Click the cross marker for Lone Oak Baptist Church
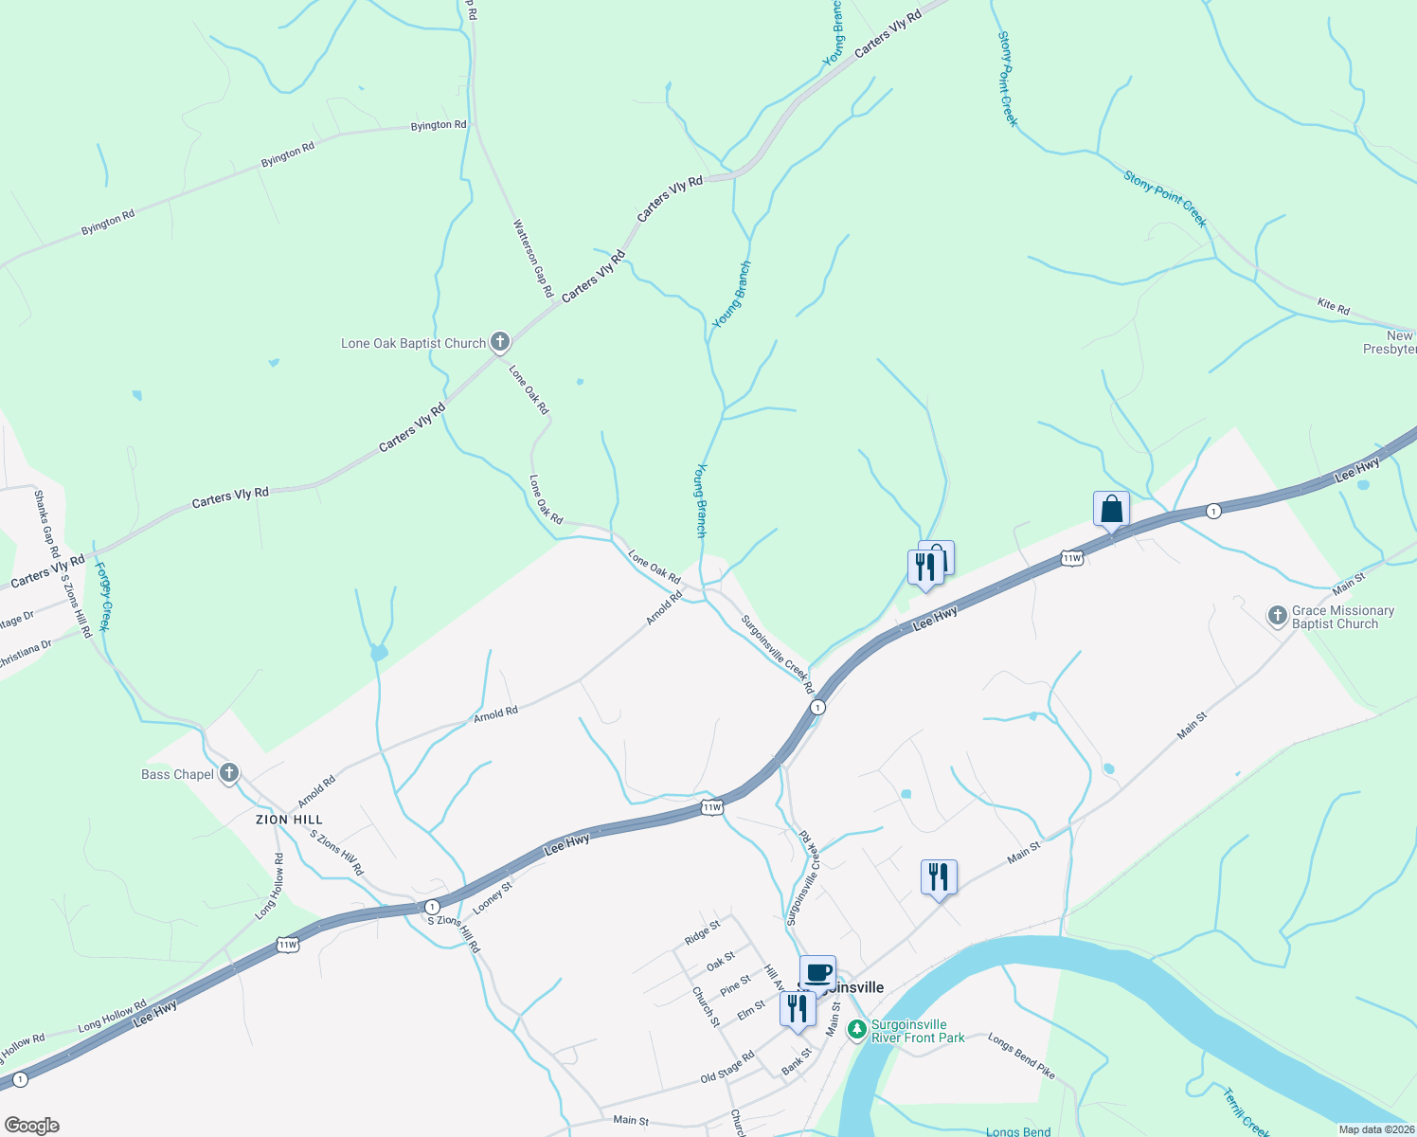500,342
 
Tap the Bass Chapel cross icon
228,773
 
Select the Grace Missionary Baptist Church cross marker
1277,617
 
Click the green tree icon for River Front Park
856,1030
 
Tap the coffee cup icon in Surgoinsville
817,972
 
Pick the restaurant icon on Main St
939,877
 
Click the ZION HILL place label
289,820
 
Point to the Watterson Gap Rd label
532,259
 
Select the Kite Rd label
1333,305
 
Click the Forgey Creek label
104,597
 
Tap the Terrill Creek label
1245,1113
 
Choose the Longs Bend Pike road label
1021,1056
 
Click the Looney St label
492,897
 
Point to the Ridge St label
702,932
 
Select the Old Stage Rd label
727,1067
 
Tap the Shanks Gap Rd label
46,523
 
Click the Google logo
31,1126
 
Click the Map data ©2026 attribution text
1374,1129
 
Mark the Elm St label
750,1010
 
